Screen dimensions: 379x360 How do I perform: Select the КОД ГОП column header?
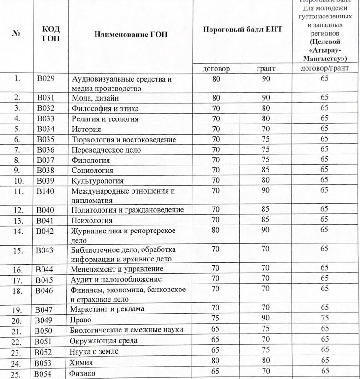click(x=51, y=33)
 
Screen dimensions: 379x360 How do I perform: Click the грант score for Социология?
click(x=265, y=170)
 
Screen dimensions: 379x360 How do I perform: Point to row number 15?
click(x=17, y=251)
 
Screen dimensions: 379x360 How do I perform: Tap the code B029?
click(x=46, y=79)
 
